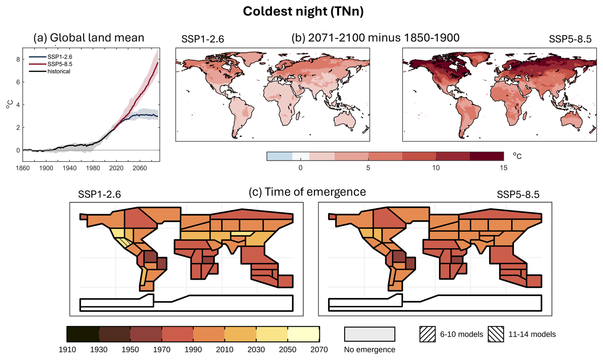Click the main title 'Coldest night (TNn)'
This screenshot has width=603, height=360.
303,11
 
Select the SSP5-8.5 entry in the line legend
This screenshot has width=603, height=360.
60,64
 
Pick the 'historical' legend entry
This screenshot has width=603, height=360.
59,71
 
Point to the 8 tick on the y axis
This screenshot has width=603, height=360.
18,59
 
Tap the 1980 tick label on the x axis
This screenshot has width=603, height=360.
93,168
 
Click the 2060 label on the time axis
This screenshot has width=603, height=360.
140,168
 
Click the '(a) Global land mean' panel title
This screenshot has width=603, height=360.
89,38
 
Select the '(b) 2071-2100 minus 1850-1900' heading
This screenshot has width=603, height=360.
375,38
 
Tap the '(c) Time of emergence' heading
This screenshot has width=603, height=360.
307,192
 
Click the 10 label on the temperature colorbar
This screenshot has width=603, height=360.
436,168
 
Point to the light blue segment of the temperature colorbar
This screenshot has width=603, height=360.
280,156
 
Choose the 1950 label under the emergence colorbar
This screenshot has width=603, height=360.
130,349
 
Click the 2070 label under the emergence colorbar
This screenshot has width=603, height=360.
319,349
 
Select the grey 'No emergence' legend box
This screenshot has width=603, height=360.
369,334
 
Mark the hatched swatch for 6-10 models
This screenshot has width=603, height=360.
427,334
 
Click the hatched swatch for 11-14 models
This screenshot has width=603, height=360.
496,334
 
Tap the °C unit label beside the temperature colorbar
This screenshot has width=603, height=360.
517,156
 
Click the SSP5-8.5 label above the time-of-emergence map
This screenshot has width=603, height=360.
518,195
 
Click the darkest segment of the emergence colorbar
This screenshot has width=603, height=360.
83,334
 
